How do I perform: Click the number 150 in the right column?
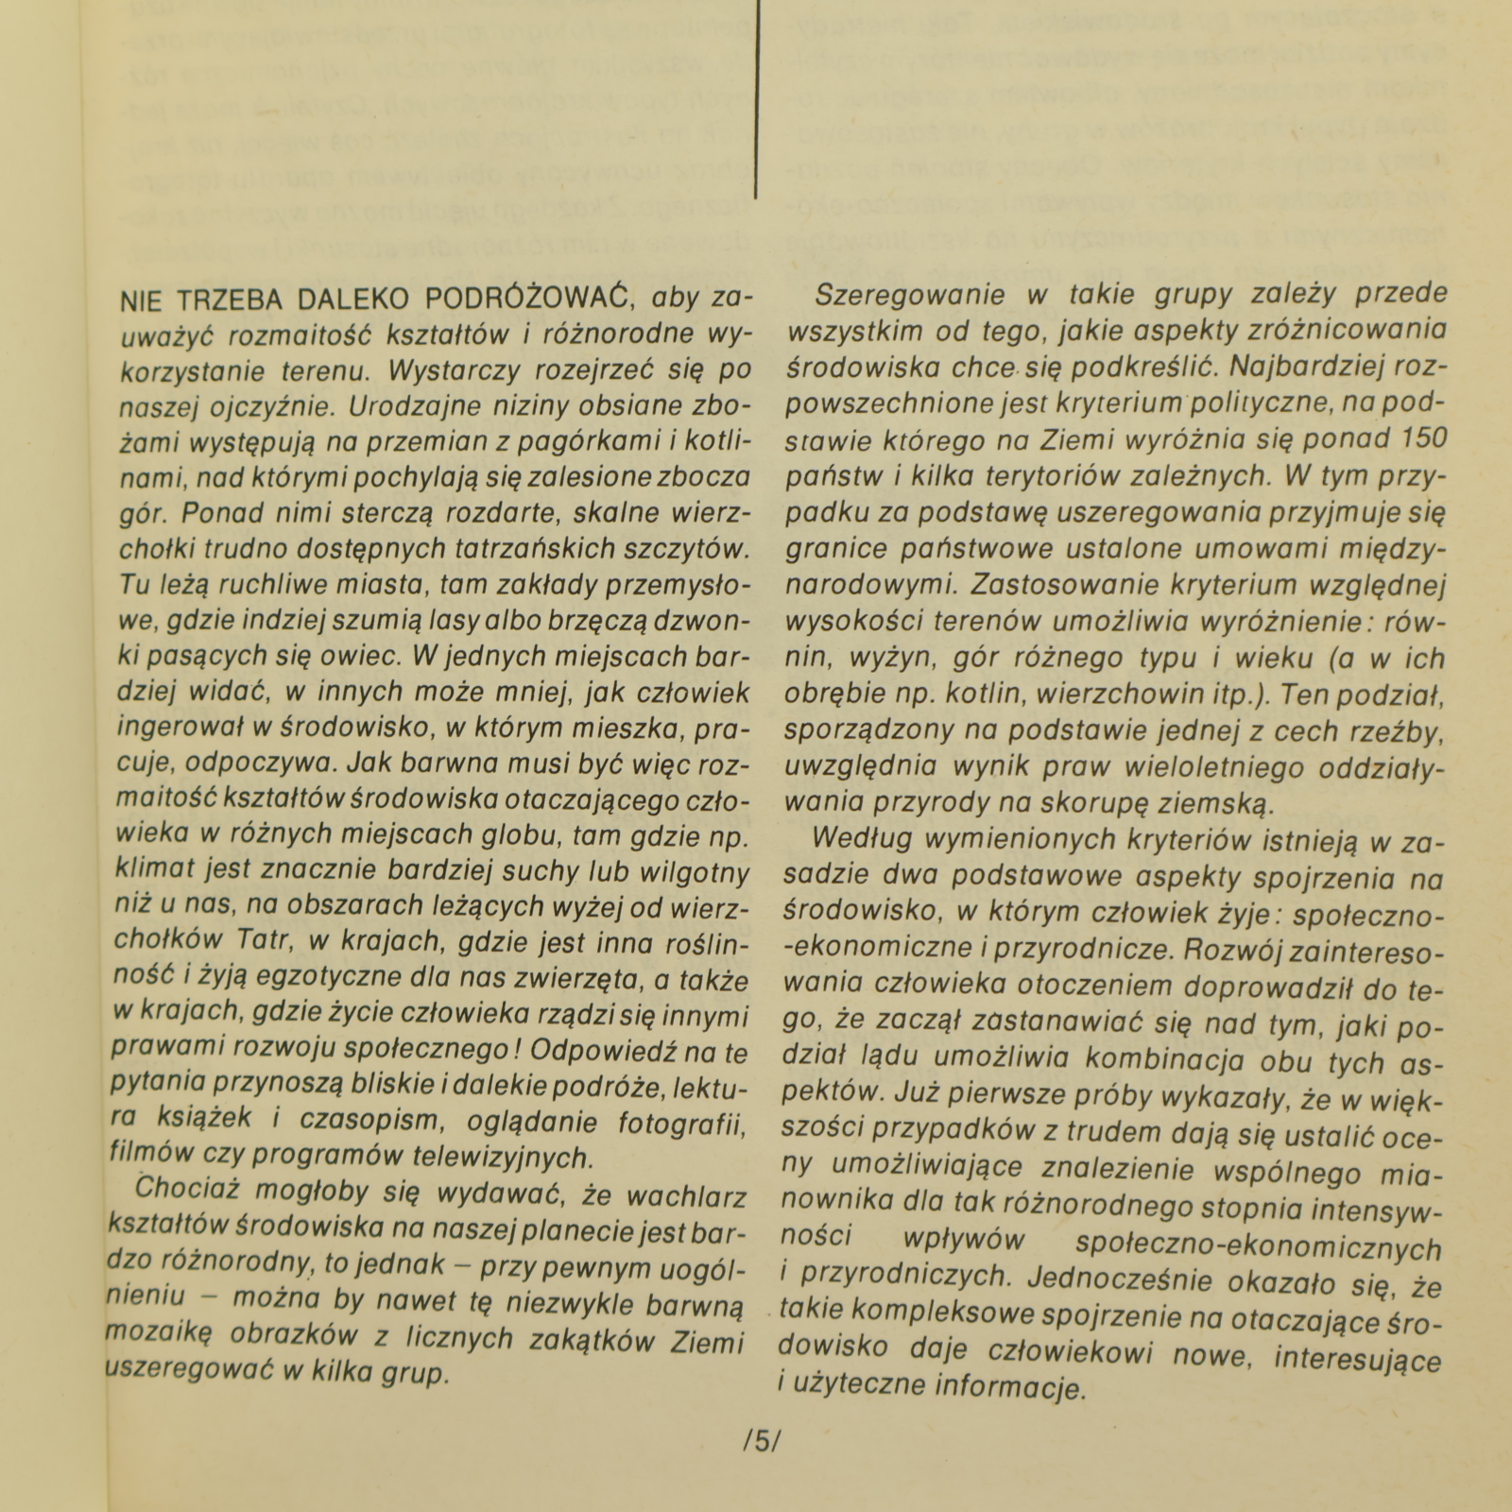(x=1420, y=439)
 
